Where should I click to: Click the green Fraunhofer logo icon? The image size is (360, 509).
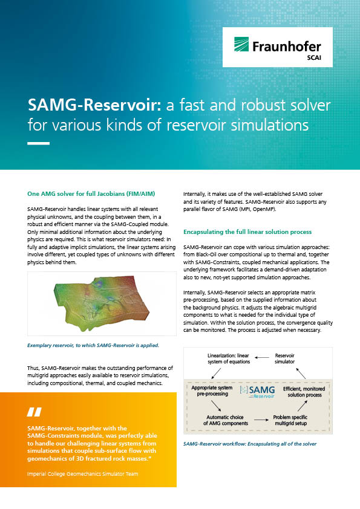pyautogui.click(x=241, y=44)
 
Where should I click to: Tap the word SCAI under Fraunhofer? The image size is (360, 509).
pyautogui.click(x=314, y=57)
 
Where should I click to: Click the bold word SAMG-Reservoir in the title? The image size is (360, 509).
pyautogui.click(x=94, y=105)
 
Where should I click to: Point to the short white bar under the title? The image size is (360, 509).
pyautogui.click(x=38, y=143)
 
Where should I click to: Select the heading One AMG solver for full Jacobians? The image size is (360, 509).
pyautogui.click(x=91, y=194)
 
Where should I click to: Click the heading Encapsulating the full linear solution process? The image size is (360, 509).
pyautogui.click(x=247, y=232)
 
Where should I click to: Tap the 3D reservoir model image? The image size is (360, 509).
pyautogui.click(x=102, y=303)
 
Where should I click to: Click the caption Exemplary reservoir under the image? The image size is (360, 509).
pyautogui.click(x=93, y=345)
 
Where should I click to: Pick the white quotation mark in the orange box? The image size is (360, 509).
pyautogui.click(x=34, y=412)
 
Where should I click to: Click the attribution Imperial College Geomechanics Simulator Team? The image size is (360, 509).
pyautogui.click(x=82, y=474)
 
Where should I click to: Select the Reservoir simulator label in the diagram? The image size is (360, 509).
pyautogui.click(x=284, y=358)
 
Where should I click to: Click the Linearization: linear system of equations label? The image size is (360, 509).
pyautogui.click(x=229, y=358)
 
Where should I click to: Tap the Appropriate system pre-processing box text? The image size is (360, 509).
pyautogui.click(x=212, y=391)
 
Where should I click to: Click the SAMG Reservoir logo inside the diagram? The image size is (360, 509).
pyautogui.click(x=257, y=392)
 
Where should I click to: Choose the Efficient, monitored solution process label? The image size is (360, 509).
pyautogui.click(x=304, y=392)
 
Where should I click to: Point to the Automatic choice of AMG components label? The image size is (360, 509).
pyautogui.click(x=226, y=420)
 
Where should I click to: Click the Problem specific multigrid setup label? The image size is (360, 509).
pyautogui.click(x=290, y=420)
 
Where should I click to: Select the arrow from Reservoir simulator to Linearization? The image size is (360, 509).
pyautogui.click(x=262, y=357)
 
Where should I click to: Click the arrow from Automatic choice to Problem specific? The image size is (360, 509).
pyautogui.click(x=261, y=420)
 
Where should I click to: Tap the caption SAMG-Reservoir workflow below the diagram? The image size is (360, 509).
pyautogui.click(x=249, y=444)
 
